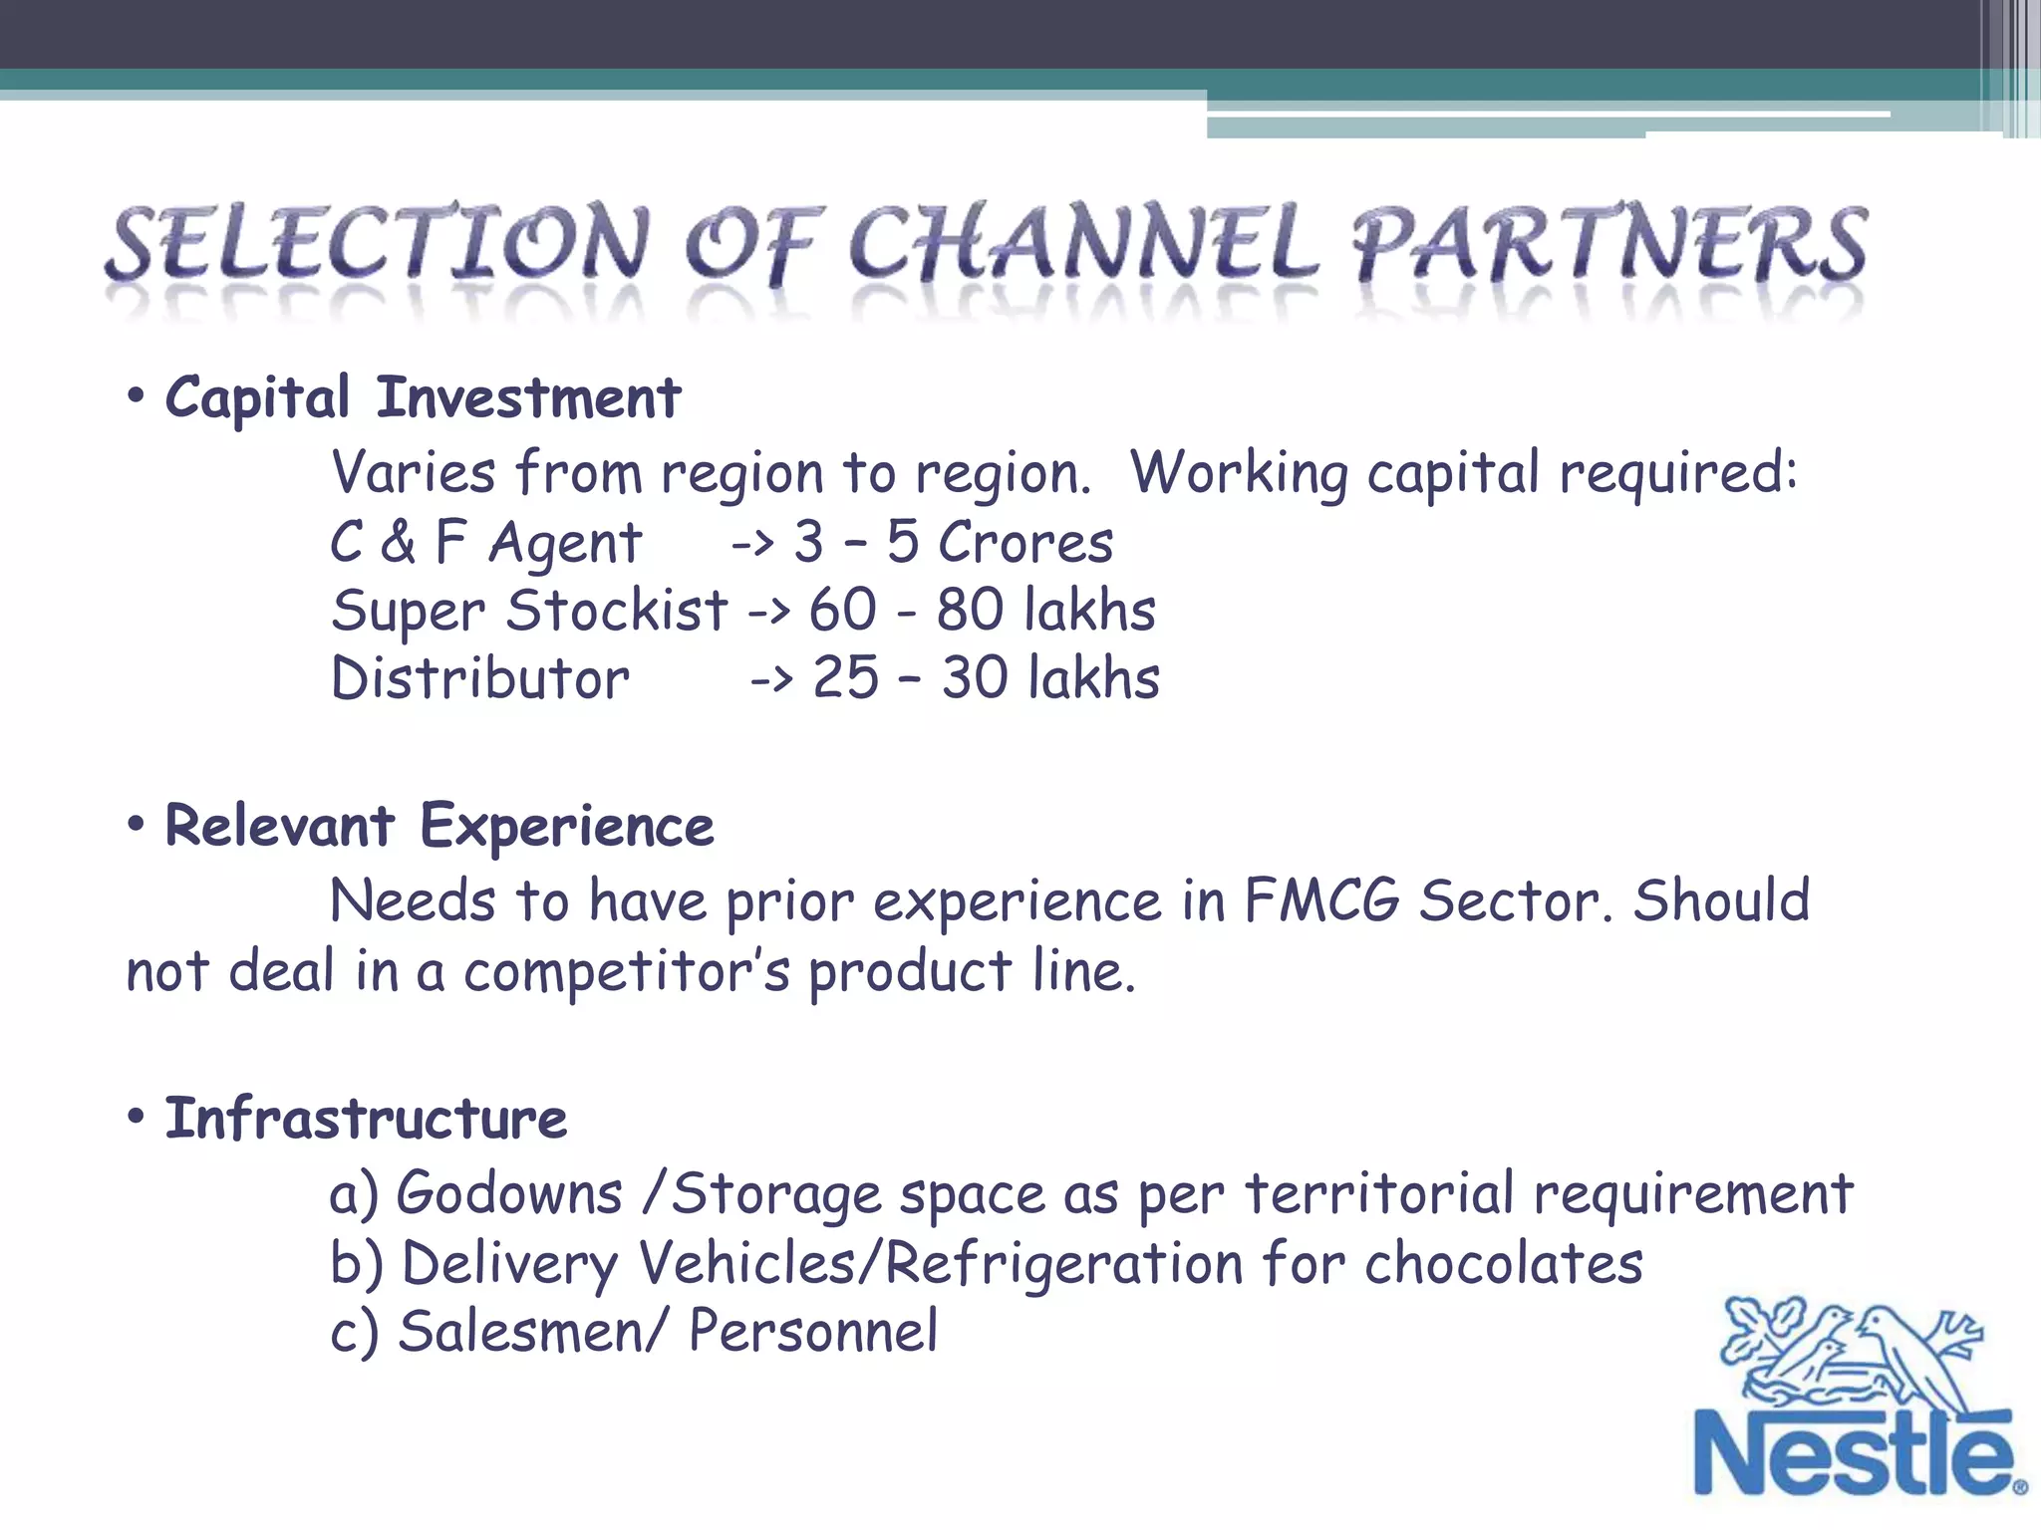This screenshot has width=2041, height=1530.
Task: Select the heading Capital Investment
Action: click(423, 398)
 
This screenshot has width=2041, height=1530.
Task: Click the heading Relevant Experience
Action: click(438, 827)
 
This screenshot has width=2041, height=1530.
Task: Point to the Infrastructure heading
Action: click(366, 1119)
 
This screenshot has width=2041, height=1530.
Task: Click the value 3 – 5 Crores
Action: click(953, 543)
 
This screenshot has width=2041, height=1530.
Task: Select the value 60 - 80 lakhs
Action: click(982, 611)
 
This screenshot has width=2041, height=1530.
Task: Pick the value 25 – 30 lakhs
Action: click(986, 678)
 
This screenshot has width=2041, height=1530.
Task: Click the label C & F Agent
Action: click(485, 543)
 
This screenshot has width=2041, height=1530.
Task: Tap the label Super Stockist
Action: click(529, 611)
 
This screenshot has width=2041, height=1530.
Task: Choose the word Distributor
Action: click(480, 678)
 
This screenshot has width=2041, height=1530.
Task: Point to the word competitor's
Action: click(627, 971)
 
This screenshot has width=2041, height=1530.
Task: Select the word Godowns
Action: click(509, 1193)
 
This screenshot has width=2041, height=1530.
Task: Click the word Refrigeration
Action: click(1063, 1263)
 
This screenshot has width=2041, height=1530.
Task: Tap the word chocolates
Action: click(1503, 1263)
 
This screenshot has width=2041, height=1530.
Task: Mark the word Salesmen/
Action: click(528, 1332)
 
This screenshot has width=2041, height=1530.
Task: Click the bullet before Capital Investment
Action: click(137, 397)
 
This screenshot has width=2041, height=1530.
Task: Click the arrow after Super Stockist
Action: click(768, 611)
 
